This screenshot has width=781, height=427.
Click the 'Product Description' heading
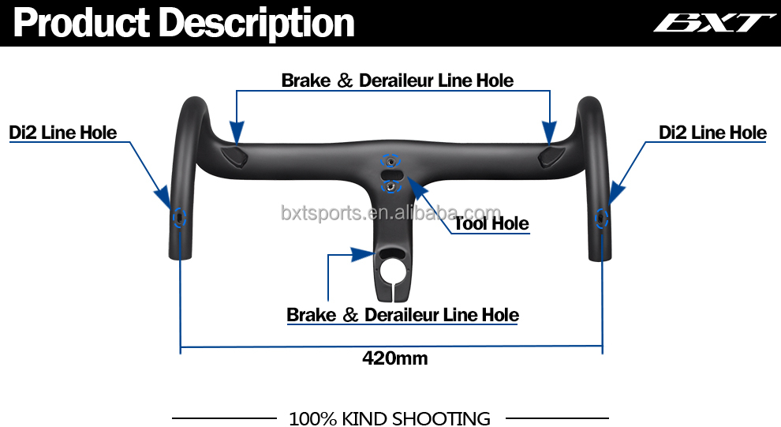click(184, 24)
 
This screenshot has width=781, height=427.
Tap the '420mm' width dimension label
click(394, 358)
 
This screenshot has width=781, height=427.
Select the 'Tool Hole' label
click(491, 224)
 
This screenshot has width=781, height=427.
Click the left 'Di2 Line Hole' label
click(63, 133)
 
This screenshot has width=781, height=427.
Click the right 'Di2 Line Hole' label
click(712, 133)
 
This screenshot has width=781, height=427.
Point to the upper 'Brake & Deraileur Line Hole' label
click(397, 81)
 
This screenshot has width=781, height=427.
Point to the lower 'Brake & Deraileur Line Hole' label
click(402, 316)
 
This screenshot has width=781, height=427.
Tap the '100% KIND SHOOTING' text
click(390, 418)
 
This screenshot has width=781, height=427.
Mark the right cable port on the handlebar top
click(549, 155)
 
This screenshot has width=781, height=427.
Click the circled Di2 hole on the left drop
click(179, 217)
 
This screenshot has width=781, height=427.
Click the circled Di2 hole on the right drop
click(602, 217)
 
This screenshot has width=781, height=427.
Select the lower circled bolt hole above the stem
click(391, 185)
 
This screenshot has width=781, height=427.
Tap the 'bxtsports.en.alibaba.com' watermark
click(390, 213)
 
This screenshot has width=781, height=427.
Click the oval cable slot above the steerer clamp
click(391, 253)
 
